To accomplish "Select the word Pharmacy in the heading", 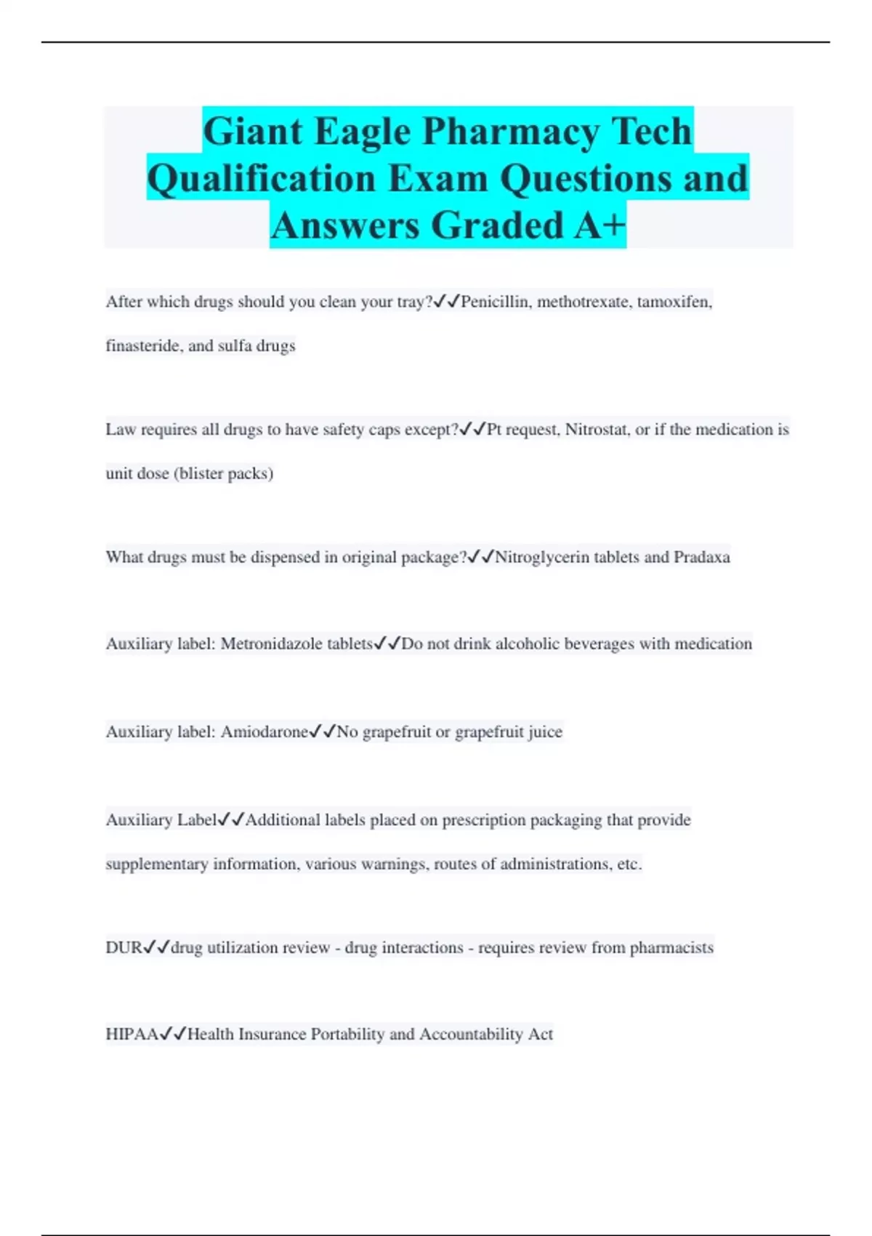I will (511, 132).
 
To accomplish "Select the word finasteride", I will (142, 346).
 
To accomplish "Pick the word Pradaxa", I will (701, 558).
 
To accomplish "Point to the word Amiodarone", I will (265, 732).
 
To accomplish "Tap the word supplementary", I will (156, 864).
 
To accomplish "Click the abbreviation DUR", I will (124, 948).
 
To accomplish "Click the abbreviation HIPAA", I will (132, 1035).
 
